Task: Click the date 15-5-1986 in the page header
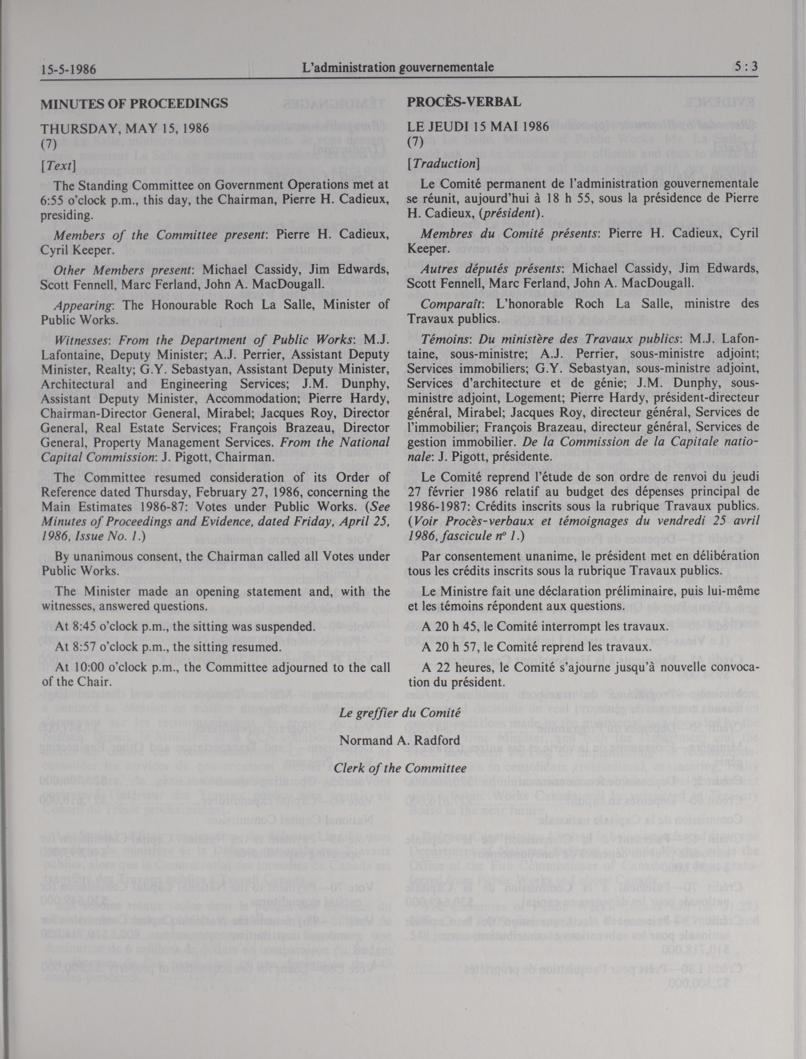pos(68,70)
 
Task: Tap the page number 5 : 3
pos(746,67)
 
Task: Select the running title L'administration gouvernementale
pos(396,68)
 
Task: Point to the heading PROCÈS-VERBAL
pos(464,102)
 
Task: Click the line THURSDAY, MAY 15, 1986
pos(125,129)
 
